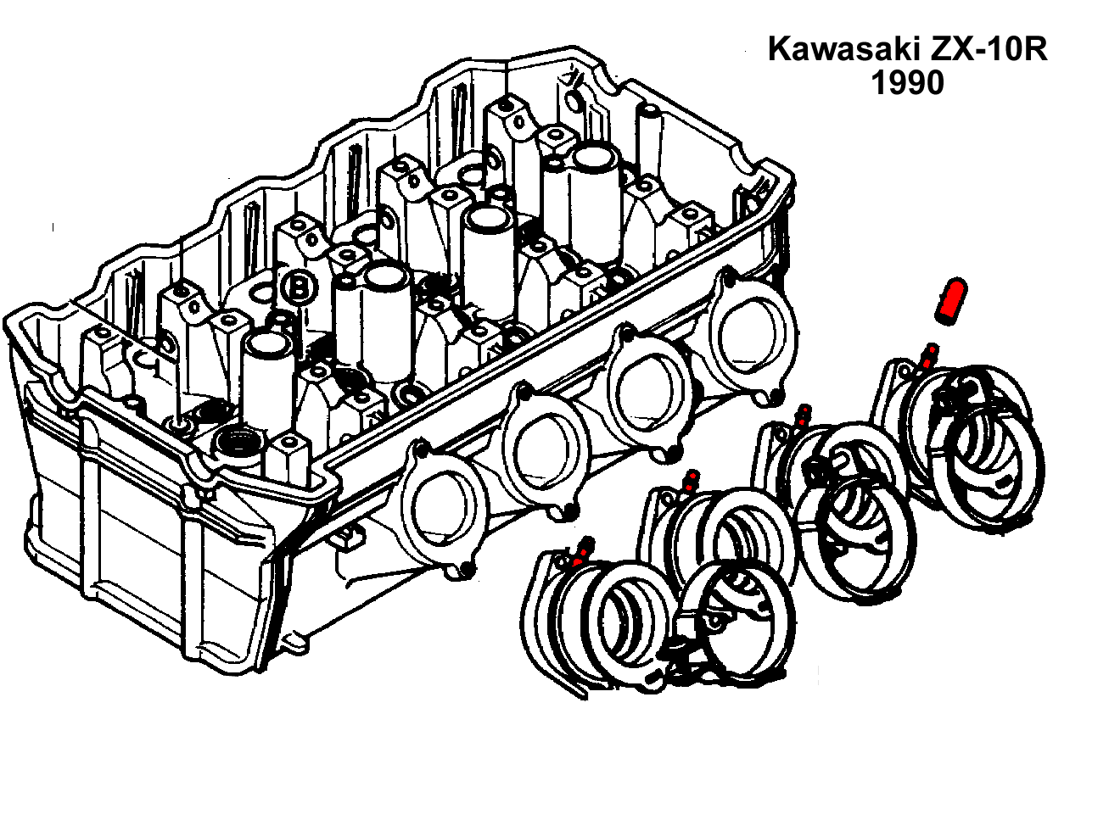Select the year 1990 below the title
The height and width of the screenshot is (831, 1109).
pyautogui.click(x=907, y=83)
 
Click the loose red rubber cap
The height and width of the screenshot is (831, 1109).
pyautogui.click(x=951, y=300)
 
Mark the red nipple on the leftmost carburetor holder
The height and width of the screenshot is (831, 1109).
pyautogui.click(x=583, y=551)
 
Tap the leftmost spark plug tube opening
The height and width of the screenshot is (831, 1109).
pyautogui.click(x=269, y=345)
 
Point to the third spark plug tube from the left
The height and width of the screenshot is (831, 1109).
pyautogui.click(x=488, y=219)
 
